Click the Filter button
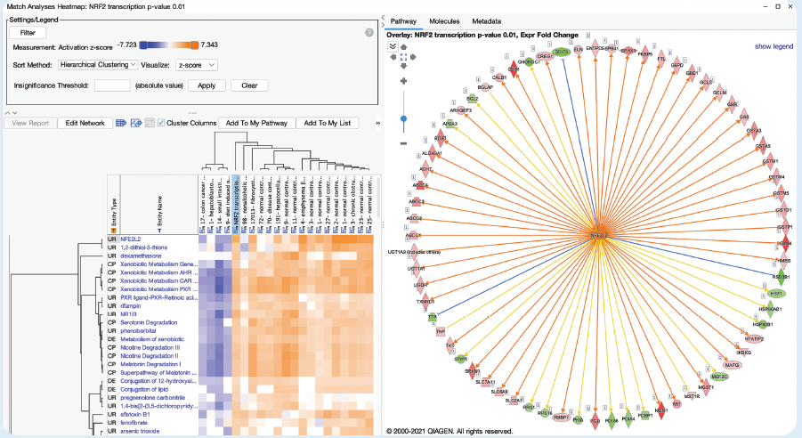tap(27, 32)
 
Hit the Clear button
tap(249, 85)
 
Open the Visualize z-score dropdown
tap(196, 64)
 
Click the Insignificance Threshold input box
tap(112, 85)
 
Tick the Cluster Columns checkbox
tap(160, 123)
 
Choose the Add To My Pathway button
tap(256, 123)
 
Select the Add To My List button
tap(327, 123)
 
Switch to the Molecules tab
tap(444, 20)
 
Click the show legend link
tap(774, 45)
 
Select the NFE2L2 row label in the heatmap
tap(132, 239)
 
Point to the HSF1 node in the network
tap(777, 292)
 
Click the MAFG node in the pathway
tap(733, 364)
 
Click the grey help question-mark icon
tap(369, 33)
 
